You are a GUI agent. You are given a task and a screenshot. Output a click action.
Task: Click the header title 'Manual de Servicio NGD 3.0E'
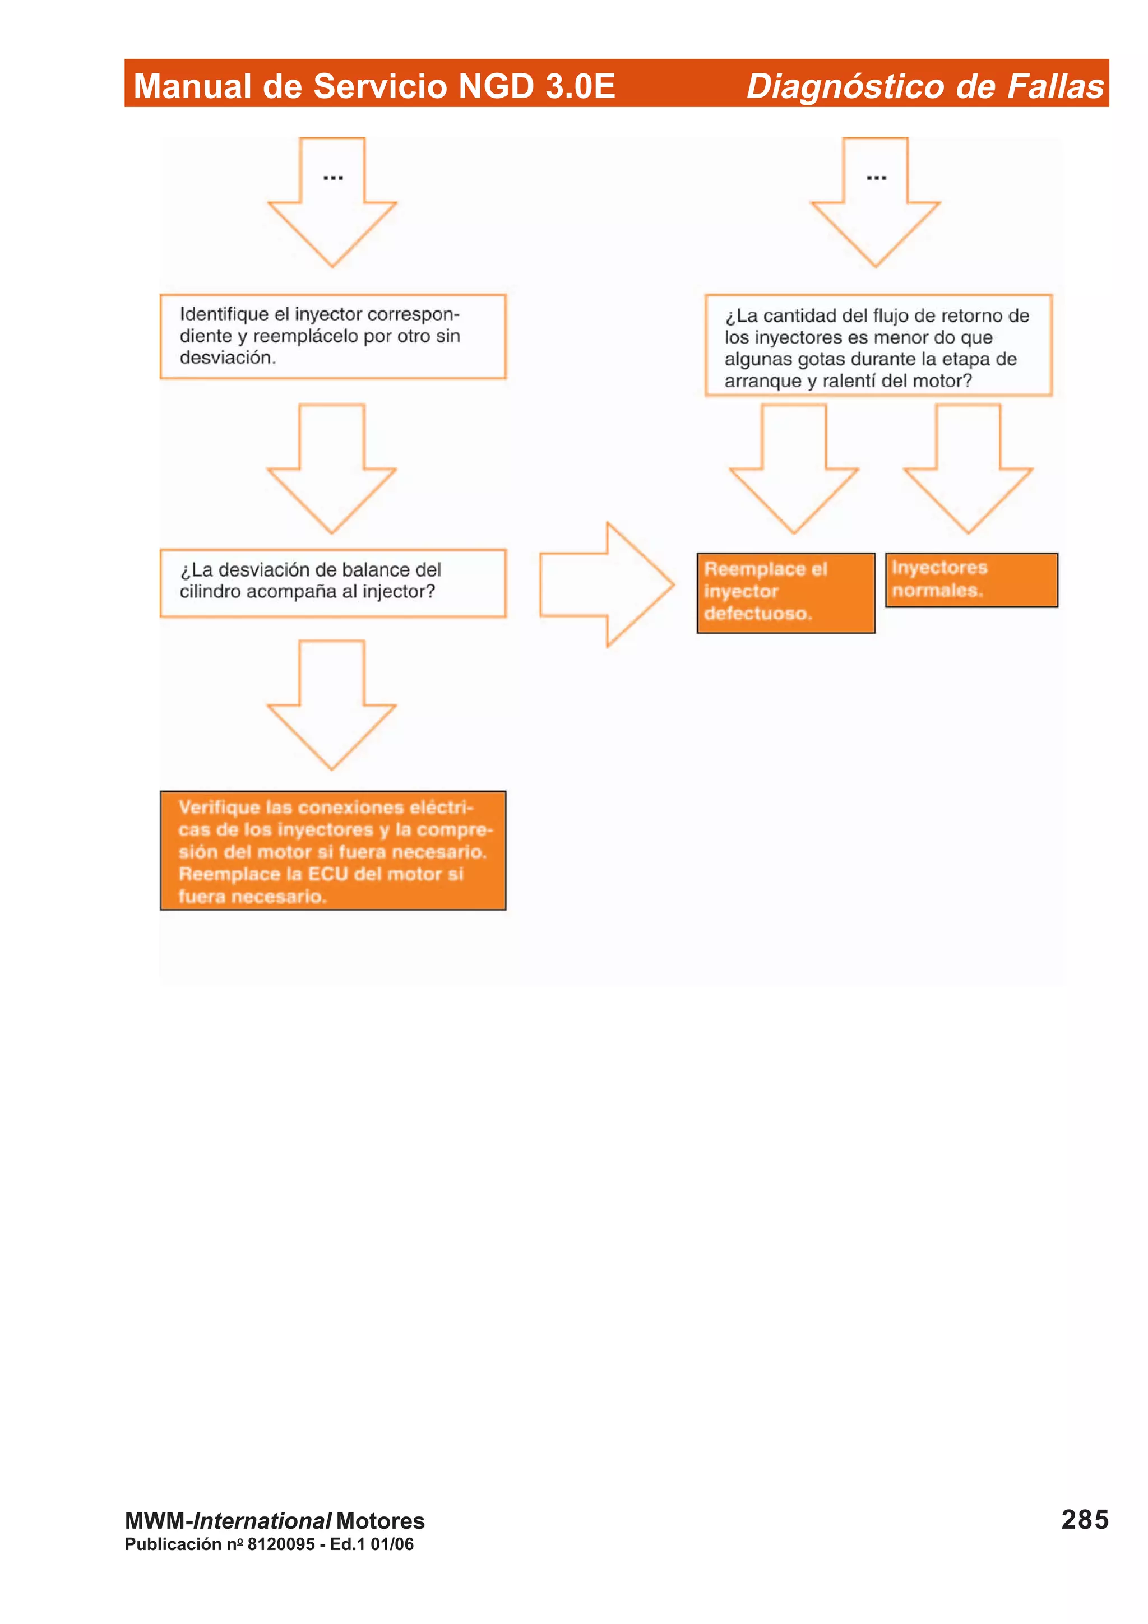pos(374,86)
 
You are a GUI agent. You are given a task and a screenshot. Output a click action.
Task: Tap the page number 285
pos(1084,1519)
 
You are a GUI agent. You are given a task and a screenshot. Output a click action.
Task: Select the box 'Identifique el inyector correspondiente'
pos(332,337)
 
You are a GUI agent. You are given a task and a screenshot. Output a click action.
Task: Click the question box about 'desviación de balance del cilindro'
pos(332,583)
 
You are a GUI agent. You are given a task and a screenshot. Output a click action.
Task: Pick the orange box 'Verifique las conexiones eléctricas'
pos(332,850)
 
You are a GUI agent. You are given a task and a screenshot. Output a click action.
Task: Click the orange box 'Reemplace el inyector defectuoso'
pos(785,593)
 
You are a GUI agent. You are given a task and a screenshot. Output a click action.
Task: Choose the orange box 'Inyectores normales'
pos(971,580)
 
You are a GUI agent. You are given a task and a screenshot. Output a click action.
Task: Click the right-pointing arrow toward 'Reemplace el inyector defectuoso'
pos(606,584)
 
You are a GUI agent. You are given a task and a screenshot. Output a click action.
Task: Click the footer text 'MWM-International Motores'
pos(275,1521)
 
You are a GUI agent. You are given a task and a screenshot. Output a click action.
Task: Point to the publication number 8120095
pos(281,1544)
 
